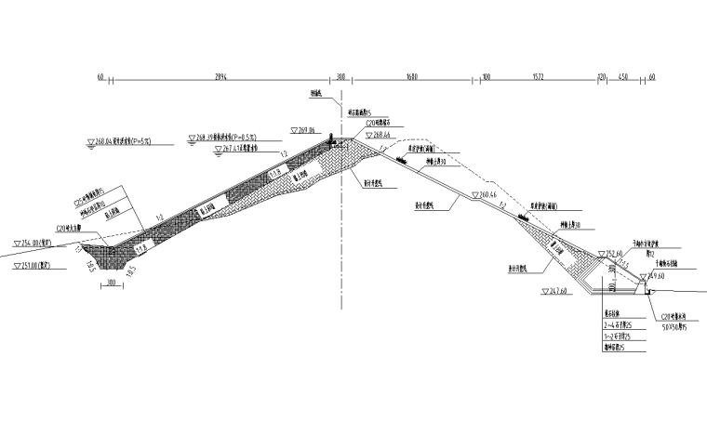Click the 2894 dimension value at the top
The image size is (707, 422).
(220, 76)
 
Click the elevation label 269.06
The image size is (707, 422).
(306, 130)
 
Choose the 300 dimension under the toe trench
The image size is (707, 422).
(112, 284)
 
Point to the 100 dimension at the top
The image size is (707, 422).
(487, 76)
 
